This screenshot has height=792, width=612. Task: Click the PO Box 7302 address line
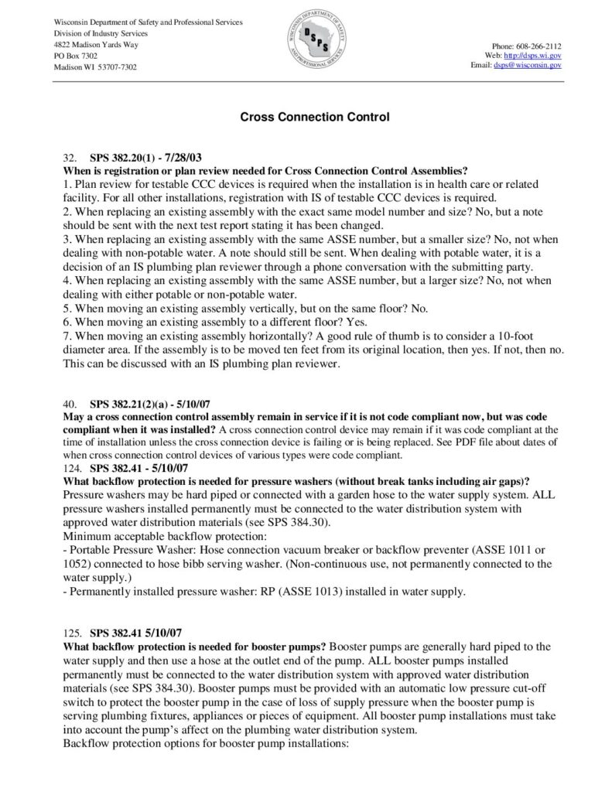(x=76, y=56)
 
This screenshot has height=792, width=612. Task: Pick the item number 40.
(x=68, y=403)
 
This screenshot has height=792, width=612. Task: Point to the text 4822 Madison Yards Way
(x=97, y=45)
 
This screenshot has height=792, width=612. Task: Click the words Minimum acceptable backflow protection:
(x=144, y=534)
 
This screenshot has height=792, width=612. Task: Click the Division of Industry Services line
(x=101, y=33)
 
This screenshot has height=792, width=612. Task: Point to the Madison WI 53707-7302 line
(x=95, y=68)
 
